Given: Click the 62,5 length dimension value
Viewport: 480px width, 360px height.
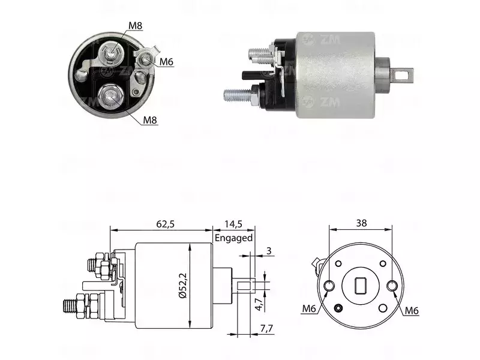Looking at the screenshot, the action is coord(165,224).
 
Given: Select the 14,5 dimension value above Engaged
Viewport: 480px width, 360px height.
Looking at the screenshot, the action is coord(233,224).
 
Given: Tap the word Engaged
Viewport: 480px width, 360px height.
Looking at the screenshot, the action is coord(233,238).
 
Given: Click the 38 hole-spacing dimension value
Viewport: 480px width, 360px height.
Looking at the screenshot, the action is coord(361,223).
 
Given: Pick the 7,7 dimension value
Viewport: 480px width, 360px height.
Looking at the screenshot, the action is coord(266,329).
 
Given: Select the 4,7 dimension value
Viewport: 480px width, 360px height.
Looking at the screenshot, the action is coord(259,305).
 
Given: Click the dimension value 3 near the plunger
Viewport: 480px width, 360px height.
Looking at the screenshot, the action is coord(269,251).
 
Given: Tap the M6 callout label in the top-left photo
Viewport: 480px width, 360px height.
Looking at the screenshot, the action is coord(166,62).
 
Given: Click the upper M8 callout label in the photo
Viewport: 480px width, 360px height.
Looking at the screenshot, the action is coord(136,26).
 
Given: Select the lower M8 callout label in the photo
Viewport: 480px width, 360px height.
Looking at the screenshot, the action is coord(150,120).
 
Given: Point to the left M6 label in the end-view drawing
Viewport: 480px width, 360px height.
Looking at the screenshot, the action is coord(309,308).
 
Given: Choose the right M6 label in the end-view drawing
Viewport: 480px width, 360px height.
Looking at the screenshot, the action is coord(412,311).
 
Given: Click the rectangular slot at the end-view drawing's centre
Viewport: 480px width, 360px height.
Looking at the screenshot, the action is coord(361,286).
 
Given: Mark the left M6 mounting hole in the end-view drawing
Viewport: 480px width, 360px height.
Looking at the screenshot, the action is coord(329,286).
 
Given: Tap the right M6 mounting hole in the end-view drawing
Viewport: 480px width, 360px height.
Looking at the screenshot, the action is coord(392,286).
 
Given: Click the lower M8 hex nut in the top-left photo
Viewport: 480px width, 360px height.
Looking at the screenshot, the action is coord(110,97).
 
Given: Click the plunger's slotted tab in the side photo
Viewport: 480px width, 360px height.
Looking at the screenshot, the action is coord(402,75).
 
